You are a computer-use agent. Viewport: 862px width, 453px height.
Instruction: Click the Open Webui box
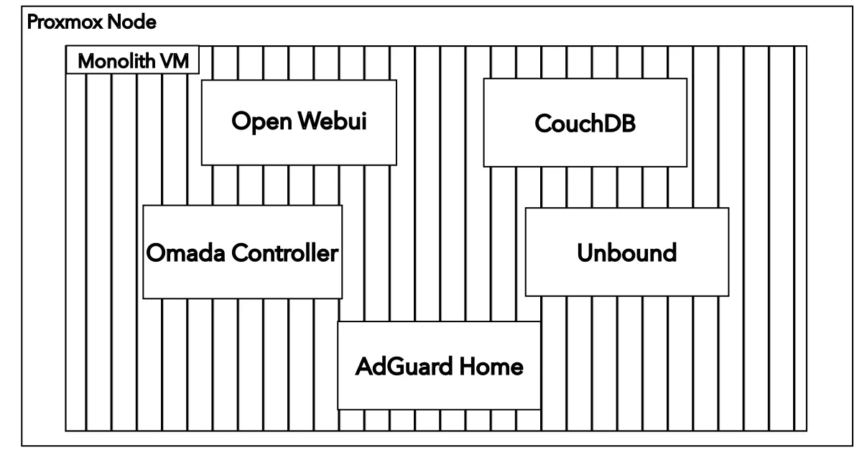[x=298, y=122]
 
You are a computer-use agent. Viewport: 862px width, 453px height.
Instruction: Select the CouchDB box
[x=585, y=123]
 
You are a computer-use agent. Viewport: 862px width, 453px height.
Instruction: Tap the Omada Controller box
[x=242, y=252]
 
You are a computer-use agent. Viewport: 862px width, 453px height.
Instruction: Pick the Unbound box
[x=626, y=252]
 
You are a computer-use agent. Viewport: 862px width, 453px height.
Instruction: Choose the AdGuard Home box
[x=439, y=366]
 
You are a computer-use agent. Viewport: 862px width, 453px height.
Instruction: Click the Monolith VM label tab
[x=133, y=61]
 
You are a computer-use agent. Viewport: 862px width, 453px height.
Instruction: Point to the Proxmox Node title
[x=91, y=22]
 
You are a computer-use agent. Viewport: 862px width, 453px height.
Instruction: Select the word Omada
[x=179, y=253]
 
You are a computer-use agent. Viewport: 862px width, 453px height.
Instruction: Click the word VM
[x=175, y=62]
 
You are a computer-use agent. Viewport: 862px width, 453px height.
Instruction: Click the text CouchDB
[x=585, y=124]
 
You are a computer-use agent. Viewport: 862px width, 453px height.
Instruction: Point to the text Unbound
[x=626, y=253]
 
